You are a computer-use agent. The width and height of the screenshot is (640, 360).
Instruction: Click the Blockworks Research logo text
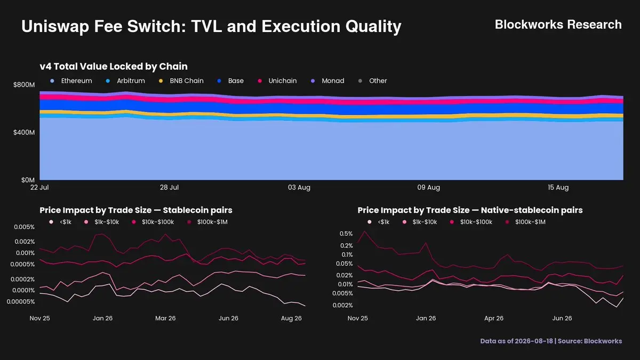[x=558, y=25]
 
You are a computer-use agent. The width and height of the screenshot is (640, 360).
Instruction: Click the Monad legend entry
[x=327, y=81]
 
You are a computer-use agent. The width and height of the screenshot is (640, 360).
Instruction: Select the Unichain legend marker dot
[x=260, y=81]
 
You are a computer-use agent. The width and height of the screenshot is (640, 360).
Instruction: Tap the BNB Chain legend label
[x=187, y=81]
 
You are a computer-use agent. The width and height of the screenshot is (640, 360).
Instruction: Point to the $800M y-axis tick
[x=24, y=85]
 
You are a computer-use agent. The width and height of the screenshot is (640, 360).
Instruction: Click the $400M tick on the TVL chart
[x=24, y=132]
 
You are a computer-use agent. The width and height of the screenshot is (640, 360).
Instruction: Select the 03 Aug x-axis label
[x=299, y=187]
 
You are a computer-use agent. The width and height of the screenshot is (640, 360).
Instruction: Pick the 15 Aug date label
[x=558, y=187]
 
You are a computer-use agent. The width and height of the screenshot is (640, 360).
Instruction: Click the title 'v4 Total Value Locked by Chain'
[x=114, y=67]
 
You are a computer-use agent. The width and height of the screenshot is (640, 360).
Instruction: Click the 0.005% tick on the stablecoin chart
[x=25, y=227]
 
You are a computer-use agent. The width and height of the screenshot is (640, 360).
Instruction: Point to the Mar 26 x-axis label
[x=165, y=318]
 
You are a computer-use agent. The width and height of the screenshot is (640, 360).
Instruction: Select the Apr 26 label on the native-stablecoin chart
[x=494, y=318]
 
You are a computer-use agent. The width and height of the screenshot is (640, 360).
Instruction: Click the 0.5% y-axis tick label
[x=346, y=234]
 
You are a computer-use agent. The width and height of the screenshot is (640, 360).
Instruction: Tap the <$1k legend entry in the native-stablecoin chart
[x=378, y=222]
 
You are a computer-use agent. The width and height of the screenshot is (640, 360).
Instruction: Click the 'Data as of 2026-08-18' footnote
[x=517, y=341]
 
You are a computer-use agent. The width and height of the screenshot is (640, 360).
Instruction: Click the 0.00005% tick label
[x=21, y=302]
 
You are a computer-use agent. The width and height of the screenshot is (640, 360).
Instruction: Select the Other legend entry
[x=373, y=81]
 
